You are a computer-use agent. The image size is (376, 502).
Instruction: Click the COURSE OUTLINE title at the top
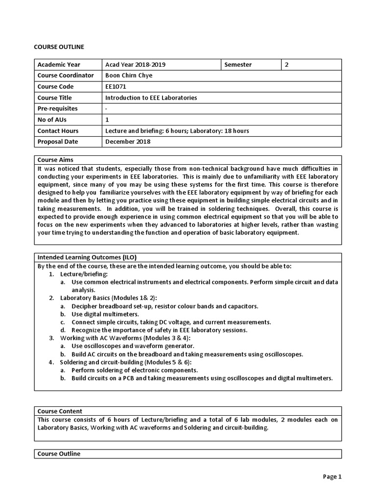tap(59, 47)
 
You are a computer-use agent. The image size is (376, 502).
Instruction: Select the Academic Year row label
tap(59, 65)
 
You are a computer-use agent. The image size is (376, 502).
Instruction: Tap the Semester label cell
tap(238, 65)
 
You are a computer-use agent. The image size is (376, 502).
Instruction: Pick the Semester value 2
tap(287, 65)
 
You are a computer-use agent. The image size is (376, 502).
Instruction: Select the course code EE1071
tap(116, 87)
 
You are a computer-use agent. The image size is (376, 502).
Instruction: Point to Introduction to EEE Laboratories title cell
tap(151, 98)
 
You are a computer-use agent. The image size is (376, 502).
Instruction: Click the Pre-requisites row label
tap(58, 109)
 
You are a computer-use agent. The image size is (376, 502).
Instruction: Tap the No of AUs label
tap(52, 120)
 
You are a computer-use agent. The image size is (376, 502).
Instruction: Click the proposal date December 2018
tap(128, 142)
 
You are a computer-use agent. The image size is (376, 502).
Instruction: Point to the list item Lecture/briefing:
tap(84, 274)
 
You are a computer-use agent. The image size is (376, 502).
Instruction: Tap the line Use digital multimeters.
tap(105, 314)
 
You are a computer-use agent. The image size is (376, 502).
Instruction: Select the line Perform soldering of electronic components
tap(135, 370)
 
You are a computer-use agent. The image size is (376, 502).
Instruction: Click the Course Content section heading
tap(60, 411)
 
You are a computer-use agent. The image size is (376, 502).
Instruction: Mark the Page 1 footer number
tap(331, 477)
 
